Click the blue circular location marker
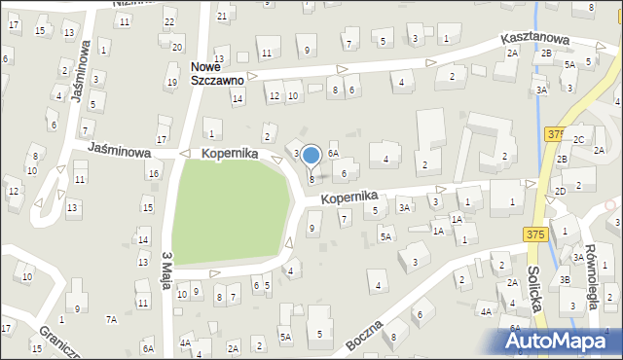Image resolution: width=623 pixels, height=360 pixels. tap(311, 155)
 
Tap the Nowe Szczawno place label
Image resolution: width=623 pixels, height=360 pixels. tap(216, 74)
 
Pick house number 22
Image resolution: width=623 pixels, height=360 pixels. tap(169, 21)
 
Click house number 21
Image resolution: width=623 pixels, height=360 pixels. tap(222, 16)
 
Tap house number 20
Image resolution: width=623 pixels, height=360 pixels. tap(176, 47)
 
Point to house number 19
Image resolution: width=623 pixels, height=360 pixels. tap(171, 82)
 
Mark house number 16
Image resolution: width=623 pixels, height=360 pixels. tap(153, 173)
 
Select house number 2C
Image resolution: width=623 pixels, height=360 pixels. tap(578, 140)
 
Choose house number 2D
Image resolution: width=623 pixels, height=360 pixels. tap(561, 191)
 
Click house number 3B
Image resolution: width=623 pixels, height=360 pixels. tap(565, 279)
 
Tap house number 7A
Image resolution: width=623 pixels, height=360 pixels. tap(111, 319)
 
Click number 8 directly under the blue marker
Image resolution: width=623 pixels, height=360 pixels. tap(311, 179)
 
